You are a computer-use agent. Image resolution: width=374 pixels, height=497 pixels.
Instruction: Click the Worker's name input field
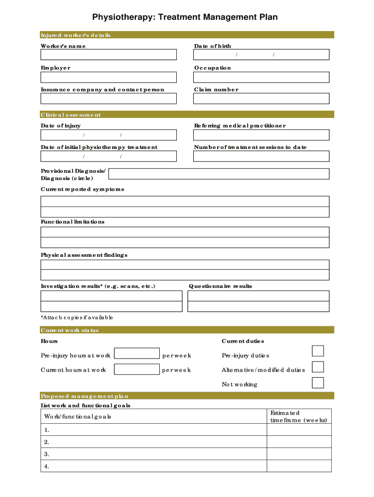108,55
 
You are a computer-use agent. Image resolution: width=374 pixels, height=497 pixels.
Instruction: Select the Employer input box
108,77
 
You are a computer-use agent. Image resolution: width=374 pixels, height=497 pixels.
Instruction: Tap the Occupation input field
261,77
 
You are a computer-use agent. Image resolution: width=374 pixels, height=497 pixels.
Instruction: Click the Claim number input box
261,99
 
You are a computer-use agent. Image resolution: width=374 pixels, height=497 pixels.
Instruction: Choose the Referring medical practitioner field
261,134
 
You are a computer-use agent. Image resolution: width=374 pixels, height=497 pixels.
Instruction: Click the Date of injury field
108,134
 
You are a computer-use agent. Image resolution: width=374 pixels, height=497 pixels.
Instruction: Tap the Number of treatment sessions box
261,156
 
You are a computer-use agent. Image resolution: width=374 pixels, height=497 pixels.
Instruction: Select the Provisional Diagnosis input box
221,174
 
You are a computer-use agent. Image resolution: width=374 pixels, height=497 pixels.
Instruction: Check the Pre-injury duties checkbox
318,351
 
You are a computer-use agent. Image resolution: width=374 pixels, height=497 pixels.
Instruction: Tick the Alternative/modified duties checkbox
318,366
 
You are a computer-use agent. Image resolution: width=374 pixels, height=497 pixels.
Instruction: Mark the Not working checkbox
318,382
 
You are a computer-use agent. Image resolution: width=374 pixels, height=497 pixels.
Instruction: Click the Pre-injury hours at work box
136,353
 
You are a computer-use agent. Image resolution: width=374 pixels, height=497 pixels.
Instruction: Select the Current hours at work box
136,369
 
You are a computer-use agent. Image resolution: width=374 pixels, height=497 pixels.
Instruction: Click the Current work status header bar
187,330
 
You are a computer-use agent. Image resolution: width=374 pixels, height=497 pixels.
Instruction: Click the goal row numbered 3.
153,454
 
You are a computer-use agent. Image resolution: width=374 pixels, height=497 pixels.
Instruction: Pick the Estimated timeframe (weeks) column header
299,416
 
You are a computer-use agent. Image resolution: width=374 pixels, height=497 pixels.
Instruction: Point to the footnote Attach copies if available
77,317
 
